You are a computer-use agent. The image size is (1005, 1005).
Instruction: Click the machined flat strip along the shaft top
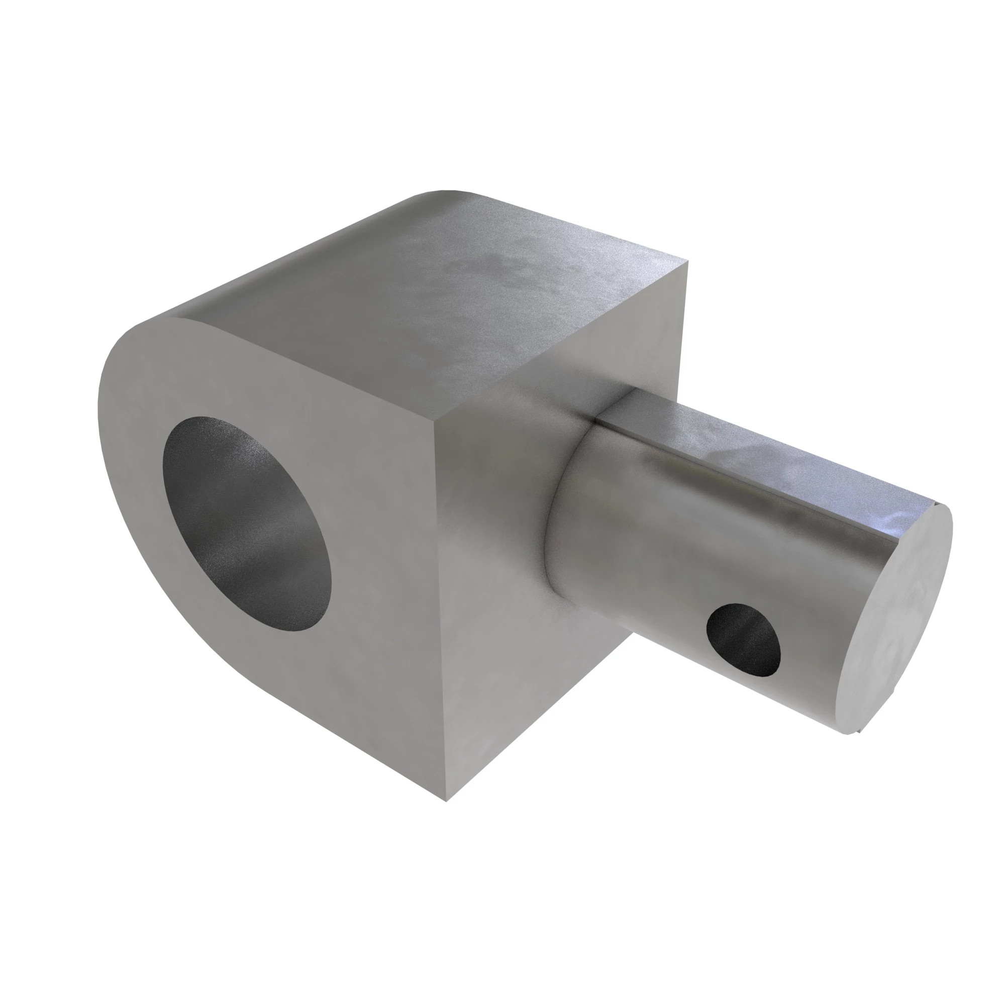pos(770,453)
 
